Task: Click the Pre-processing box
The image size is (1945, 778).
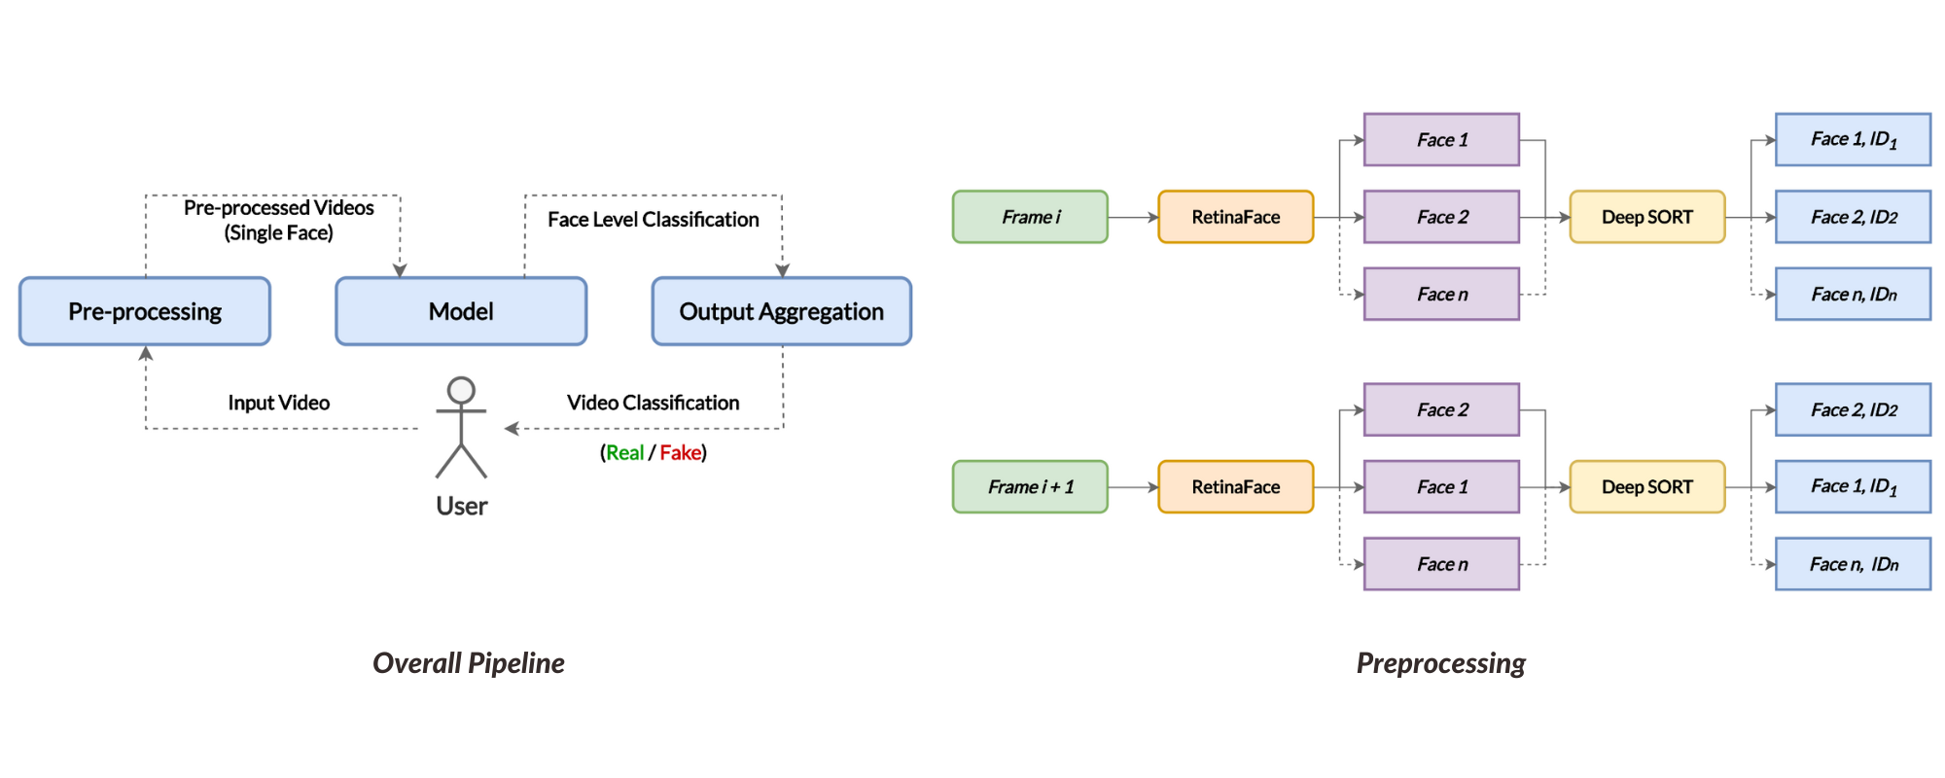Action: (145, 311)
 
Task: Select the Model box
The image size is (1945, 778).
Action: (461, 311)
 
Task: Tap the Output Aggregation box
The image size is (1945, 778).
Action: (781, 311)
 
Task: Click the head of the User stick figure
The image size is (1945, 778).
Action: (461, 390)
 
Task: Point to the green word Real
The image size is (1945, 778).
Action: (624, 452)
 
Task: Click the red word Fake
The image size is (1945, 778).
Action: (680, 452)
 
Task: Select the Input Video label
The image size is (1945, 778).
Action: (278, 403)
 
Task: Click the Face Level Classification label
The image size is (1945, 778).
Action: (653, 220)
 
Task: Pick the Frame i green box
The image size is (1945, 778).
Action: (1030, 217)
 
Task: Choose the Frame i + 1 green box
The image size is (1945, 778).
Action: (1030, 487)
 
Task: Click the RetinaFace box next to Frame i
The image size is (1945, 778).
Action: (1235, 217)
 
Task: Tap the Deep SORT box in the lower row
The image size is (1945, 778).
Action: (1646, 487)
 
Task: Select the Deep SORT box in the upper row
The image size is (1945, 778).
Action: (1646, 217)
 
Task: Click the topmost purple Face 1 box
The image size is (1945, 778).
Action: (1441, 140)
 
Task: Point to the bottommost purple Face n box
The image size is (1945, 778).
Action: (1441, 564)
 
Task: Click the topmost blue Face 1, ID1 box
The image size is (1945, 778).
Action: (1853, 140)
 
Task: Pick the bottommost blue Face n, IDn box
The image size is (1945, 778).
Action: (1853, 564)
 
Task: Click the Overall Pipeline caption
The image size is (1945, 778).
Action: (468, 663)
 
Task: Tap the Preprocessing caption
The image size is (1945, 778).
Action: (1440, 663)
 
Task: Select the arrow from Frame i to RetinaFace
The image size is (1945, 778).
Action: (1133, 217)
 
